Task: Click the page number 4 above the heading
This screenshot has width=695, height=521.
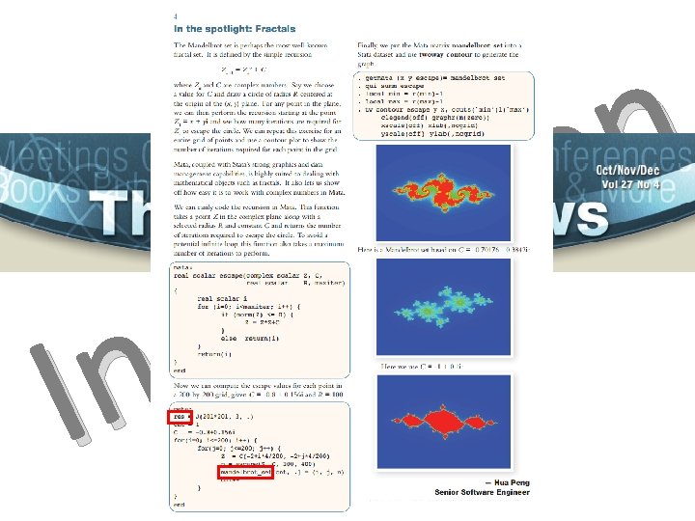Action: coord(175,17)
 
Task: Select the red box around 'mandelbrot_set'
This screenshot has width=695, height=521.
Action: coord(245,472)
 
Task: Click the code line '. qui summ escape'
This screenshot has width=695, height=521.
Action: coord(391,85)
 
